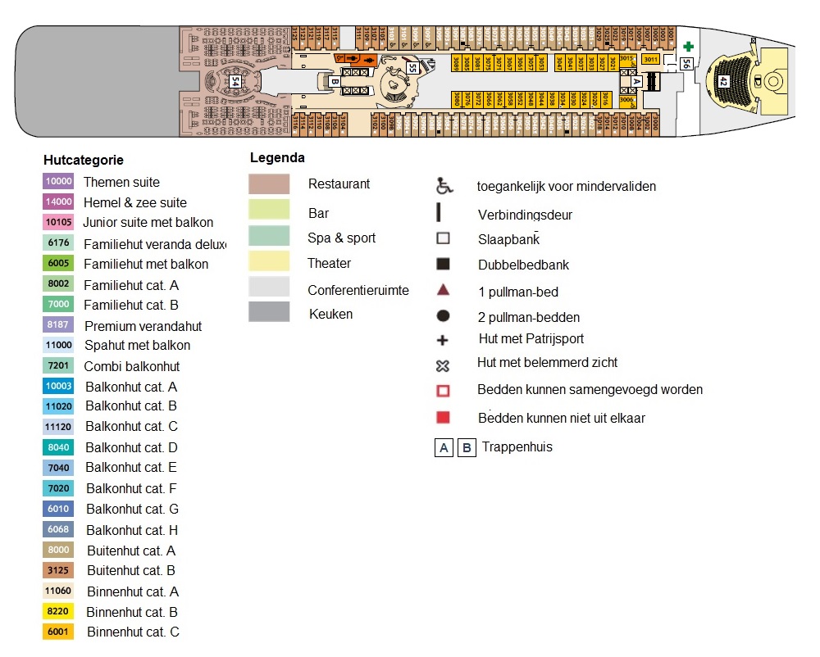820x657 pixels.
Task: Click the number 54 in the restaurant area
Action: pos(235,81)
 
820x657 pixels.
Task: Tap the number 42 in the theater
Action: pos(722,81)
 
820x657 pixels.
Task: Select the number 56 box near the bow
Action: pos(686,63)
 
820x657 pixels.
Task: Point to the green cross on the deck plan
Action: pos(689,47)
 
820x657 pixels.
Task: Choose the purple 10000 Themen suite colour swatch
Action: pos(59,182)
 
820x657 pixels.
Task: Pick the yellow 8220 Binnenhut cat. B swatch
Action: pos(59,612)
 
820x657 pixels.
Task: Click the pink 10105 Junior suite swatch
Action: pos(59,223)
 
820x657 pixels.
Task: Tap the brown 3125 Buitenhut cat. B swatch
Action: pos(59,571)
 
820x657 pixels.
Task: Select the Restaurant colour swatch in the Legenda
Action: pos(269,184)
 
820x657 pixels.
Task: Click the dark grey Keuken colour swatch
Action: pos(269,312)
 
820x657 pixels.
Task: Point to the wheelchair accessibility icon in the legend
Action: pos(444,186)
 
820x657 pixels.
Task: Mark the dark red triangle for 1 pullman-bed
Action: pos(443,290)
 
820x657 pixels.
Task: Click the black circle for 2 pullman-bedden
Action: pos(443,316)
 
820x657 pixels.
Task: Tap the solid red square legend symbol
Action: pos(443,417)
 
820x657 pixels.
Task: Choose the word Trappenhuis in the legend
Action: pos(517,447)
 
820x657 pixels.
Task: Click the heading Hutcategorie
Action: pos(84,161)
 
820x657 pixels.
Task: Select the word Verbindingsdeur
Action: pos(525,215)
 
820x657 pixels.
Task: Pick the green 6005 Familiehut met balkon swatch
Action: pos(59,264)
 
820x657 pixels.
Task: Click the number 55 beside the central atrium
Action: pos(412,69)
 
